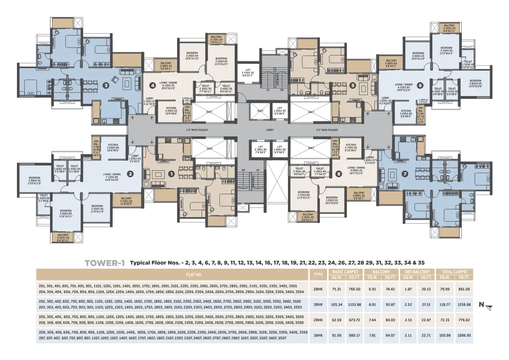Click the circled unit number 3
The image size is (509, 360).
[x=106, y=85]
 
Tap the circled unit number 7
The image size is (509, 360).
[x=405, y=174]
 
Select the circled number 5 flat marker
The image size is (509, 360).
[x=353, y=85]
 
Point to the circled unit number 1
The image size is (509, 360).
[x=171, y=174]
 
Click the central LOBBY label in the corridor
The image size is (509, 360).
[x=269, y=130]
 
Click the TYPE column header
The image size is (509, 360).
[x=318, y=274]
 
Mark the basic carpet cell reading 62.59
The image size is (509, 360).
[x=337, y=320]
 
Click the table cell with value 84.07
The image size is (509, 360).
[x=390, y=335]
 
